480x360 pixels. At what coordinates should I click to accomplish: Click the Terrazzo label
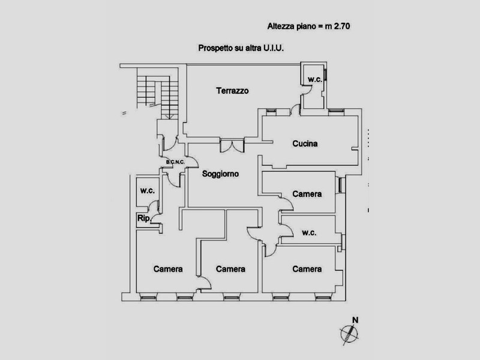coord(232,91)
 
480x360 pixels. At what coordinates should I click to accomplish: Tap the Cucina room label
coord(305,144)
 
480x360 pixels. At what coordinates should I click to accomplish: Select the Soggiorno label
coord(221,174)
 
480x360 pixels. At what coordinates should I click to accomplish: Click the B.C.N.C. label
coord(175,162)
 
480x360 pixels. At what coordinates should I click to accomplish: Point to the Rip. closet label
coord(143,218)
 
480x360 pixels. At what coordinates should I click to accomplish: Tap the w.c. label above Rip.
coord(148,191)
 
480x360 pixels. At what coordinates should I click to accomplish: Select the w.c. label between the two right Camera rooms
coord(310,233)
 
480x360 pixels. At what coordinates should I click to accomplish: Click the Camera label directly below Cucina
coord(307,194)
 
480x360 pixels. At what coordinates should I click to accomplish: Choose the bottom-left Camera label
coord(167,269)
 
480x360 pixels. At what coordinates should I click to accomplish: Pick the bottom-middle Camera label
coord(230,269)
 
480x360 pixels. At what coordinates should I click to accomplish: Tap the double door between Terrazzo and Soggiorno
coord(232,144)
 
